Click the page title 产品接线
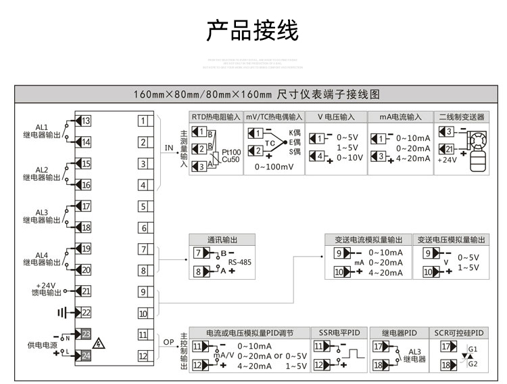252,30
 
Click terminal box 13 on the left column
86,121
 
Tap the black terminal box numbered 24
86,356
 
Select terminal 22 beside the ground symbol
86,312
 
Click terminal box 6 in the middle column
143,228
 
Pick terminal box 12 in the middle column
143,356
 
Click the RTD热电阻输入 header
215,116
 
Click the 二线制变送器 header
462,116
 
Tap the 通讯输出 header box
222,240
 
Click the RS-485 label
239,261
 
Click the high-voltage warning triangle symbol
99,343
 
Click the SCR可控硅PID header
460,333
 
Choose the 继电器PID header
400,333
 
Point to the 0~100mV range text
273,167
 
